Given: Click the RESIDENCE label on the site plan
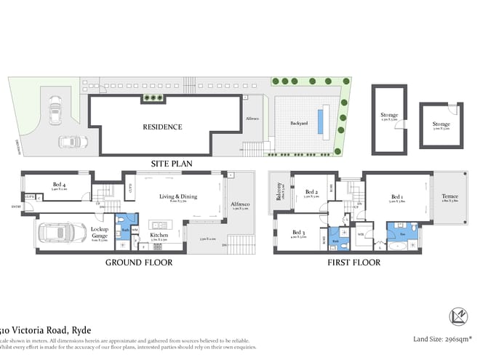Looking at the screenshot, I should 162,127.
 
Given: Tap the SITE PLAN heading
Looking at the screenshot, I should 171,164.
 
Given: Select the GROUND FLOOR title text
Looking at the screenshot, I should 139,262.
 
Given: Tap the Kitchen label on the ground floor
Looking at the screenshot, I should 159,236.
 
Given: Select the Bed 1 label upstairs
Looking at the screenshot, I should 397,197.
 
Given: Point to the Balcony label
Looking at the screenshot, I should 279,192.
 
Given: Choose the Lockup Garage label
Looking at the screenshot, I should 99,231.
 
